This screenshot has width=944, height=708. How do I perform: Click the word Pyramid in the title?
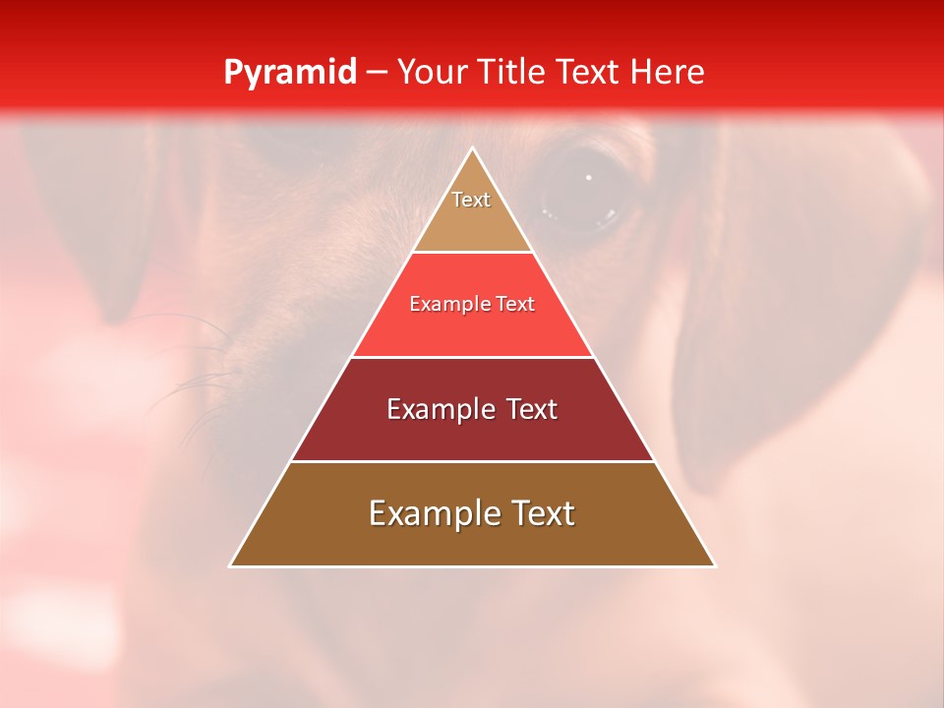pyautogui.click(x=289, y=73)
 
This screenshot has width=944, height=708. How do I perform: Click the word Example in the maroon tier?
pyautogui.click(x=439, y=409)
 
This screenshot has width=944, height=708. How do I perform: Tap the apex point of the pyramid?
pyautogui.click(x=473, y=148)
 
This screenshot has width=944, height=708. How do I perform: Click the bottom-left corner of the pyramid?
pyautogui.click(x=231, y=565)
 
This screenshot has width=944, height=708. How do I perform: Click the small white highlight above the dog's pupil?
pyautogui.click(x=589, y=177)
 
